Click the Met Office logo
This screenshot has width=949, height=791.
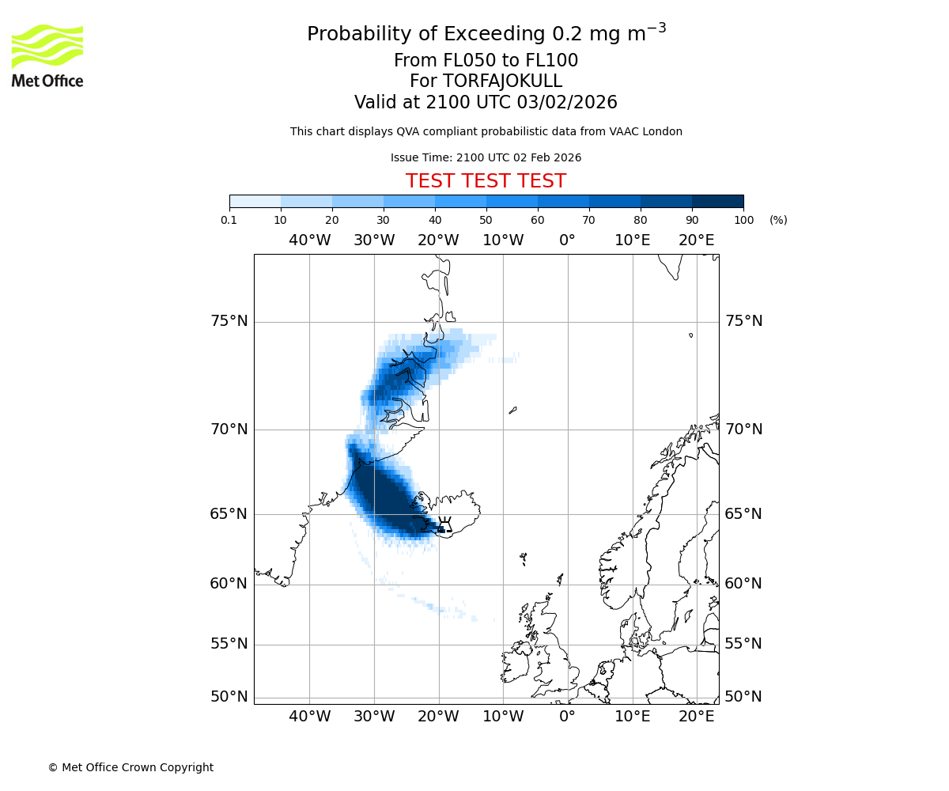point(47,55)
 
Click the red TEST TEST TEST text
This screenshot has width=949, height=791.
point(486,181)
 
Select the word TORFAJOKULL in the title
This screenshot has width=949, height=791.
point(502,81)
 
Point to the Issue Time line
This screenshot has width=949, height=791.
point(486,157)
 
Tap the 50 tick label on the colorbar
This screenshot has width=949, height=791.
point(486,220)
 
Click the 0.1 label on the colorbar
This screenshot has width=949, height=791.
point(229,220)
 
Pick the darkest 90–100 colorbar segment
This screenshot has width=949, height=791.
point(717,201)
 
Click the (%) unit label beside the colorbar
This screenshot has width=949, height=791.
point(778,220)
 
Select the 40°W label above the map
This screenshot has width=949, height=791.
point(309,240)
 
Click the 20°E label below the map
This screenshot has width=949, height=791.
point(696,717)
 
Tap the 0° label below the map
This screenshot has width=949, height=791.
point(567,717)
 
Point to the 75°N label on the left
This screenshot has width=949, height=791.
point(229,321)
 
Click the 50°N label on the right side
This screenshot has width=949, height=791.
point(743,697)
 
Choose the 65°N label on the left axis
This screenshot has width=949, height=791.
point(229,514)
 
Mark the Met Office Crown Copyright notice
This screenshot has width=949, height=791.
point(130,767)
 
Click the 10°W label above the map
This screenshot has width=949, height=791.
point(503,240)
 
